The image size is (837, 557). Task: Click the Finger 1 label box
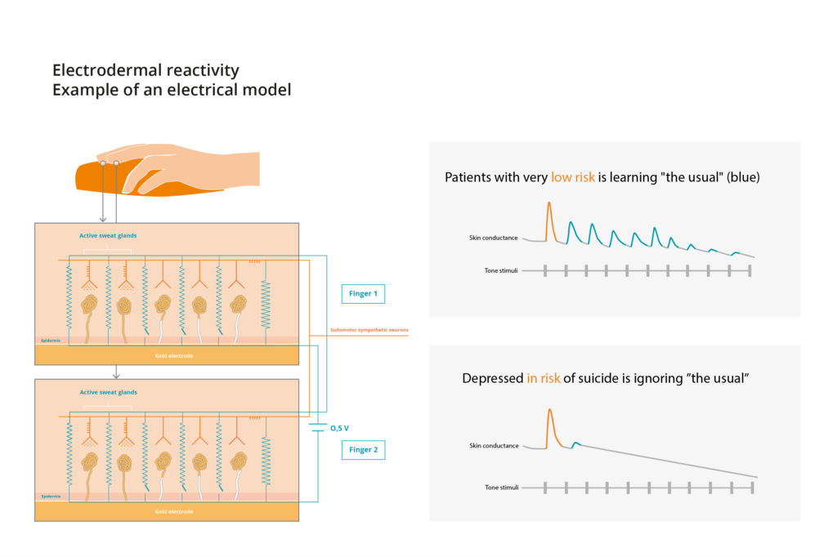[362, 294]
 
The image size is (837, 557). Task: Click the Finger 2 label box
[362, 449]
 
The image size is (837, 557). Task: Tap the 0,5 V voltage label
[339, 427]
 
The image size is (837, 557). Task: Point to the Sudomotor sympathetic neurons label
[369, 330]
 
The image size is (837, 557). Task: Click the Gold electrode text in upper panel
[174, 356]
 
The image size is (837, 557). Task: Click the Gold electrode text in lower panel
[174, 511]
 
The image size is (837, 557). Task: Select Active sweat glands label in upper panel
[108, 236]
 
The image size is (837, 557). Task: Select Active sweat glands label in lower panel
[108, 392]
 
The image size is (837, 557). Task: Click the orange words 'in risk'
[544, 379]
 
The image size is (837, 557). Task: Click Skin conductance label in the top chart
[494, 238]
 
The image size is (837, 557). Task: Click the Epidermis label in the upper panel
[50, 341]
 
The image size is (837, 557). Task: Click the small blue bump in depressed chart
[576, 443]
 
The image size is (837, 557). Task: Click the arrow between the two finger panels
[117, 372]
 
